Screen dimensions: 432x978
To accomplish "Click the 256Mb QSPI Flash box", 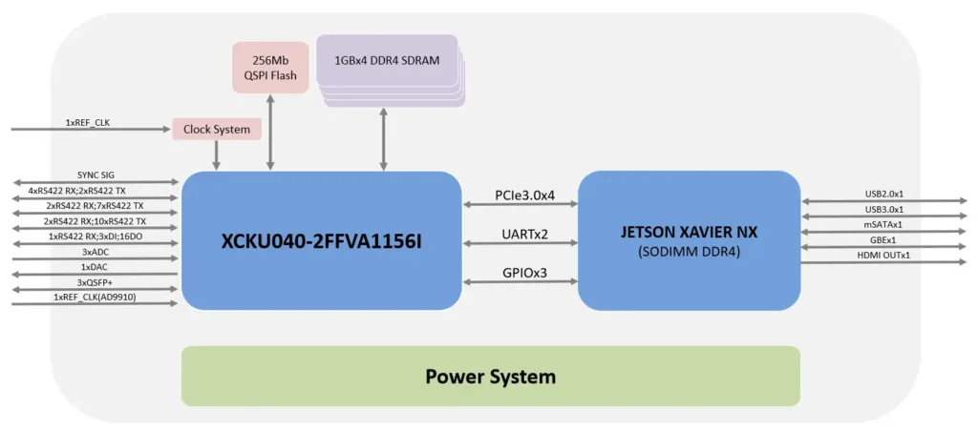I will click(x=270, y=67).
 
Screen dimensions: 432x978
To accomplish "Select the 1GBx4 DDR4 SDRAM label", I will click(x=387, y=60).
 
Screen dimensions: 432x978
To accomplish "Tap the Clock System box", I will click(x=217, y=130).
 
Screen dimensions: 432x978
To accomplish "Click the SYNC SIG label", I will click(x=96, y=175).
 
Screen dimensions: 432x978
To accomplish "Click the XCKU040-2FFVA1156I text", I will click(x=322, y=242).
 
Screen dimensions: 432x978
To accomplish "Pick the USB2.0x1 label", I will click(x=883, y=195).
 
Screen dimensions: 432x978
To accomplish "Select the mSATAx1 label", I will click(x=883, y=225).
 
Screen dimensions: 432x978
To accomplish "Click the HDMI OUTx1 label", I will click(x=883, y=256).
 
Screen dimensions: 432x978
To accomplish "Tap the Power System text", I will click(x=490, y=376).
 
